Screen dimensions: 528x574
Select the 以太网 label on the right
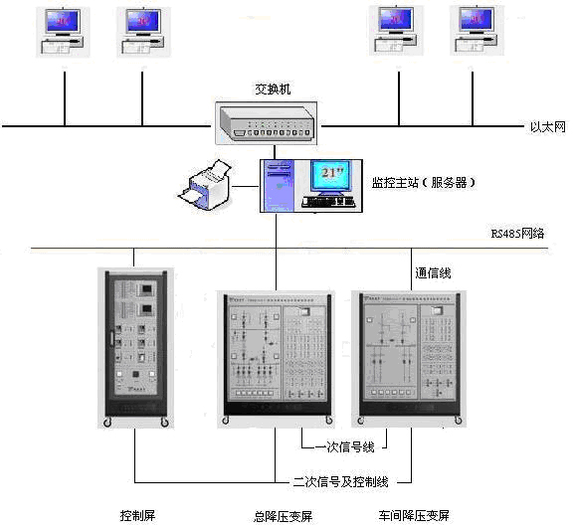(x=546, y=127)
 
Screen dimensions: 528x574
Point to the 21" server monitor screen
(x=329, y=175)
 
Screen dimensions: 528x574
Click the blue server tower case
(x=279, y=187)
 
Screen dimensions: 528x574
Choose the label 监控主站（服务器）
(x=424, y=182)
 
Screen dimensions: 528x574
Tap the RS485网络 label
(x=517, y=234)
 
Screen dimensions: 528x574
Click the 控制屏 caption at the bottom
(x=136, y=516)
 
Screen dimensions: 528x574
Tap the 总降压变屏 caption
(x=283, y=516)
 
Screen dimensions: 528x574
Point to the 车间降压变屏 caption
(x=414, y=516)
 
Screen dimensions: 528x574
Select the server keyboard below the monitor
(x=329, y=203)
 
